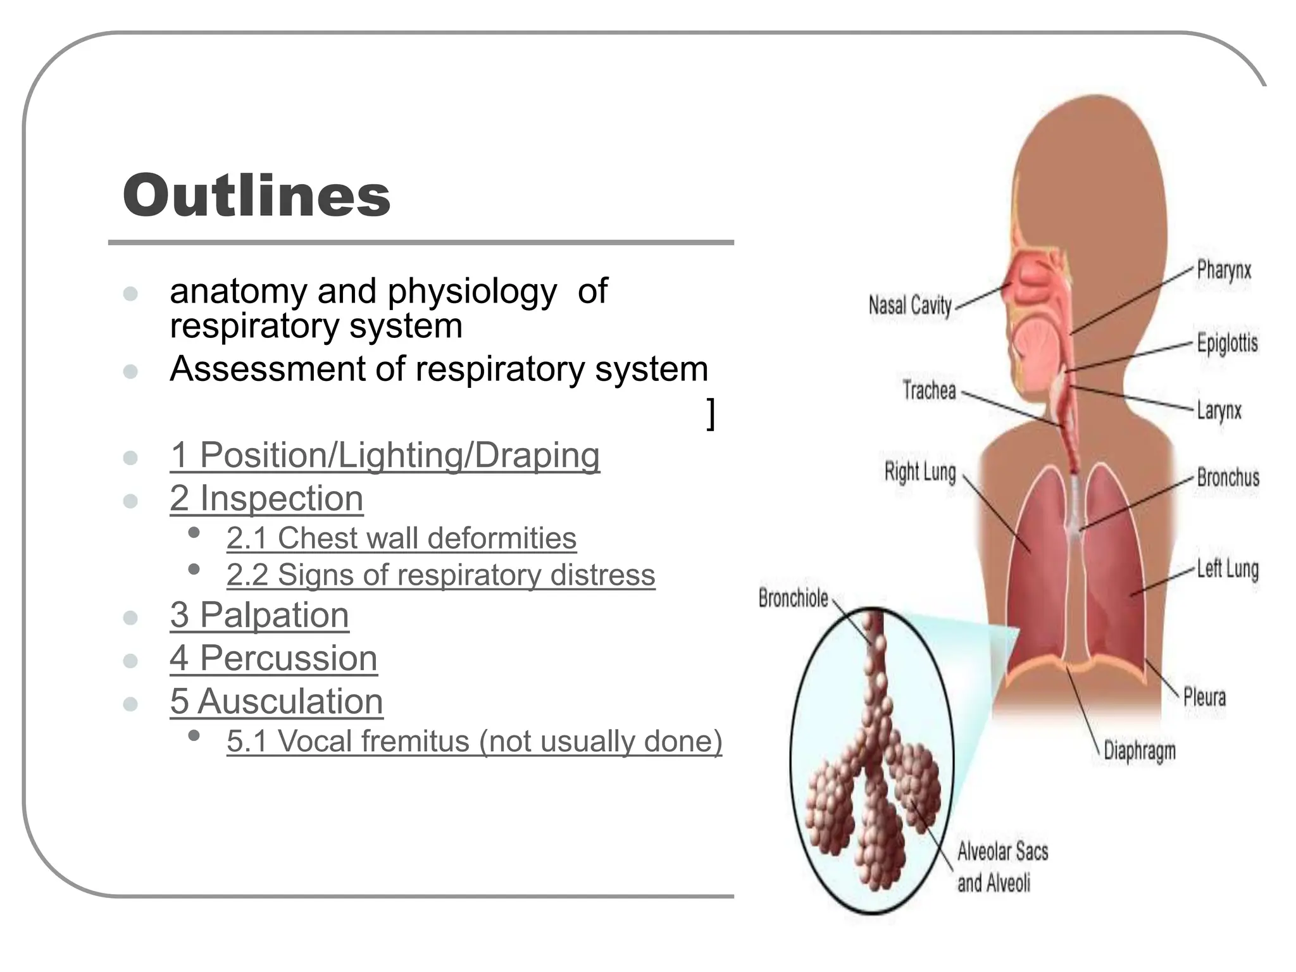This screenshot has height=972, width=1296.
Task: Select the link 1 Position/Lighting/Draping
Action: (x=385, y=455)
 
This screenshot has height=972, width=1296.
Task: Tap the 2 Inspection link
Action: (x=266, y=498)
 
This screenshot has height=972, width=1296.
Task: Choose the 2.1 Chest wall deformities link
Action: (x=401, y=539)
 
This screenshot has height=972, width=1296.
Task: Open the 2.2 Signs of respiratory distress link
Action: (x=440, y=575)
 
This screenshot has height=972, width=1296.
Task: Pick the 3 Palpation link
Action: (x=259, y=614)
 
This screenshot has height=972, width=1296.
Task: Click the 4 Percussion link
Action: (x=273, y=658)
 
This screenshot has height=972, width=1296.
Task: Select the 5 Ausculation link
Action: (x=277, y=701)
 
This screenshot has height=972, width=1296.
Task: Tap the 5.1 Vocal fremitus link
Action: (x=474, y=741)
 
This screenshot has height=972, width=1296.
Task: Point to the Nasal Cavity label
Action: (x=910, y=306)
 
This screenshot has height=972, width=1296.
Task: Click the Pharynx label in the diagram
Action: (x=1224, y=271)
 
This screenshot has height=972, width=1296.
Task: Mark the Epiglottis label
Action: (x=1227, y=343)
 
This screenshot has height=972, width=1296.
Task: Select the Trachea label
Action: (x=929, y=390)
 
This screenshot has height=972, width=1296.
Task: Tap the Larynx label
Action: (x=1219, y=410)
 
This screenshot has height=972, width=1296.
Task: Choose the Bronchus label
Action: (x=1228, y=477)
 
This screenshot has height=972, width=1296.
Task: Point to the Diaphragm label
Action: (x=1140, y=751)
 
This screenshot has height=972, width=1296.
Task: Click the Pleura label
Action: (x=1204, y=697)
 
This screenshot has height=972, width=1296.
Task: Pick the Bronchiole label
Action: (x=793, y=598)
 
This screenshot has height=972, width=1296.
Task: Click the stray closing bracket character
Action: (x=711, y=414)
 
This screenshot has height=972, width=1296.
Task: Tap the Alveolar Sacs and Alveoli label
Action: (x=1002, y=866)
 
